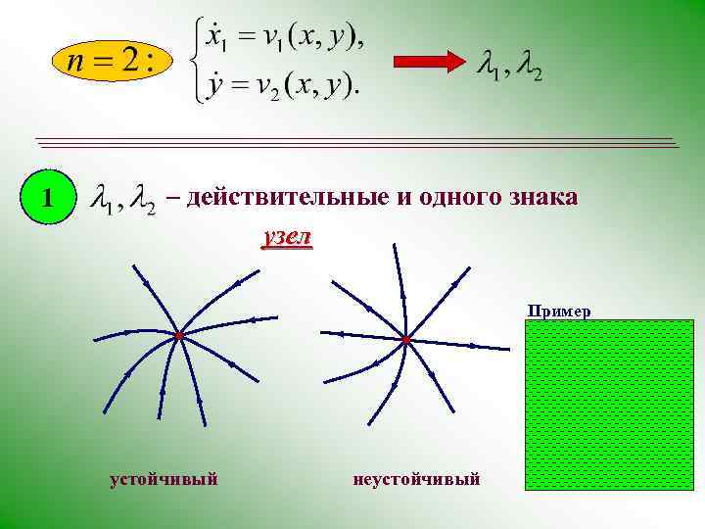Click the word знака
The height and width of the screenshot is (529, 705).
click(x=542, y=197)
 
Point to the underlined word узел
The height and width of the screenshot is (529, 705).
click(x=287, y=237)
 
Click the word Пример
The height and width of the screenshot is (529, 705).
click(x=559, y=312)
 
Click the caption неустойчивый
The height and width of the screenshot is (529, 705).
click(x=417, y=479)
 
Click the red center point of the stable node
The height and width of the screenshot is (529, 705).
click(x=180, y=337)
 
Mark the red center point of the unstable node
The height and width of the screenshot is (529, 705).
click(x=406, y=340)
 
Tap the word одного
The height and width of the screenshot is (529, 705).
click(x=457, y=197)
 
